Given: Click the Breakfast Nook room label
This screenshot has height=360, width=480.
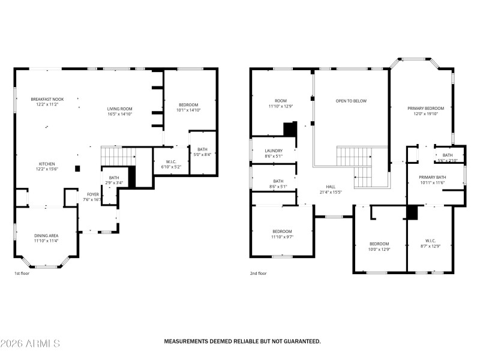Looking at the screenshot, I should [x=47, y=99].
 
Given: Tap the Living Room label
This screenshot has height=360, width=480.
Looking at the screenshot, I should [x=119, y=109].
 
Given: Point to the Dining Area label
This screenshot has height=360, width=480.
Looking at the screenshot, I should [x=46, y=235].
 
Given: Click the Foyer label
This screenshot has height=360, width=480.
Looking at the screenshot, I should [x=93, y=194].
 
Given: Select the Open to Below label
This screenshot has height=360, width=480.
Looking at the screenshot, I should [x=351, y=101].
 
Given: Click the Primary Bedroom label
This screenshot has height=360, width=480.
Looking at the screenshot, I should [x=426, y=109].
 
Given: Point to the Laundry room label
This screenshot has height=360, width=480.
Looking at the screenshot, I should [x=274, y=151].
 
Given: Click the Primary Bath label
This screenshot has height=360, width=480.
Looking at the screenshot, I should [x=432, y=177].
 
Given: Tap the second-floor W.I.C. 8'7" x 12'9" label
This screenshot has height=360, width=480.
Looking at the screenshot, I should [x=430, y=244].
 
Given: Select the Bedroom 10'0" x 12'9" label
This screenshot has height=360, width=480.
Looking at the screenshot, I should [x=379, y=244].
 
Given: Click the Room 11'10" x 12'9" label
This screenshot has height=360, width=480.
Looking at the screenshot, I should [x=281, y=101].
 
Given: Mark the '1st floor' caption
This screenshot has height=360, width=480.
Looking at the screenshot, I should [x=22, y=274].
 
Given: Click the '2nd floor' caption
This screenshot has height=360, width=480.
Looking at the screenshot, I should [x=258, y=274].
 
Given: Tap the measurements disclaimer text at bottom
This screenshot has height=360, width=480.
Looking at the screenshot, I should [x=242, y=341].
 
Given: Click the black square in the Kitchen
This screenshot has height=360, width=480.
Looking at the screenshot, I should [x=77, y=169].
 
